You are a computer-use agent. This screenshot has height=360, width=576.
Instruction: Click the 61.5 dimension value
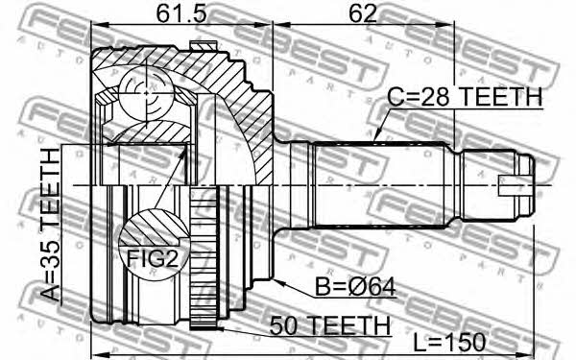tap(181, 13)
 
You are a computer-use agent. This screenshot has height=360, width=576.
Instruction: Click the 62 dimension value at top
tap(363, 13)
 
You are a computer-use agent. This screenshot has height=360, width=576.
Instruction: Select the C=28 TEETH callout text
tap(465, 97)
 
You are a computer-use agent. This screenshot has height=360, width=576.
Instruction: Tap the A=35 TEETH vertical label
tap(50, 225)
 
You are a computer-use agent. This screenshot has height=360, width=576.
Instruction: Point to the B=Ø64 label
tap(355, 287)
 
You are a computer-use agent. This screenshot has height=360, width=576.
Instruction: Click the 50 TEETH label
tap(329, 325)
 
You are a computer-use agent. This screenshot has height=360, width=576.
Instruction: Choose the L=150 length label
tap(449, 342)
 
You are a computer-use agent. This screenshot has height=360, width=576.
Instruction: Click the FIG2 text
tap(153, 258)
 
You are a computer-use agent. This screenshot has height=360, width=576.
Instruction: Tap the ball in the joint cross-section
tap(146, 93)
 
